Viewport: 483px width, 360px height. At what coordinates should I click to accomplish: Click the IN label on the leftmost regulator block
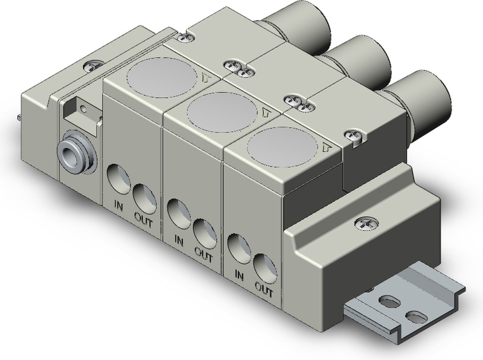pos(118,206)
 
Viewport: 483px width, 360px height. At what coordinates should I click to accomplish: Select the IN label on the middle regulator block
pos(179,241)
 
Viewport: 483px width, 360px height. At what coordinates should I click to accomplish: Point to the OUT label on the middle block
pos(204,254)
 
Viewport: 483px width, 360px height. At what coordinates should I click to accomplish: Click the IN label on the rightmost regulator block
pos(239,275)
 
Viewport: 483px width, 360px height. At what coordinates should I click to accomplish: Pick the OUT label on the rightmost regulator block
pos(264,289)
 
